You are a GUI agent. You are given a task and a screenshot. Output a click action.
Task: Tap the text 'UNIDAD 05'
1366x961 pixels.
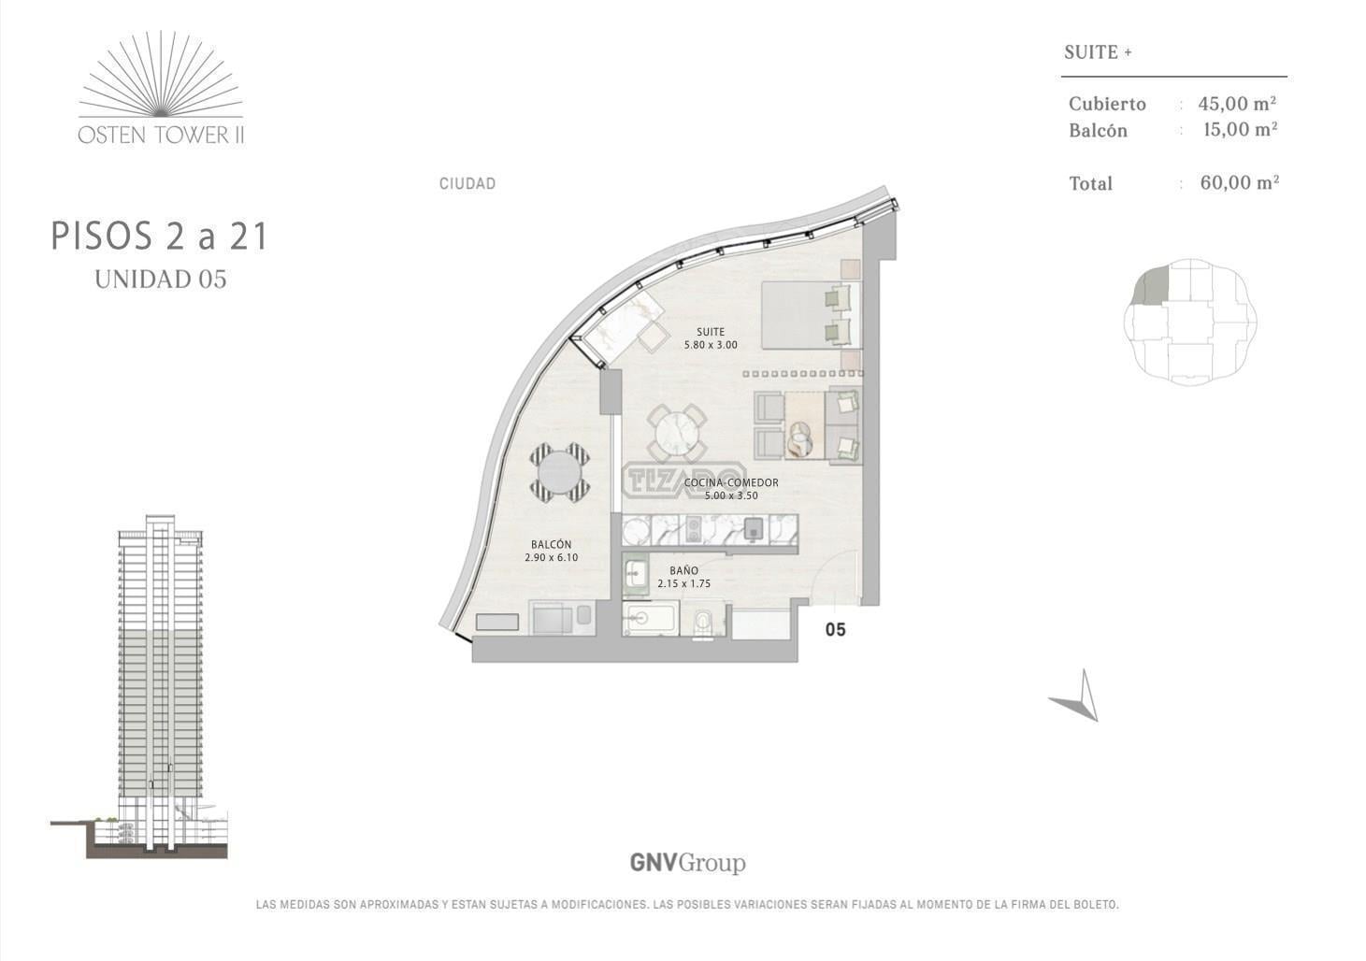tap(161, 280)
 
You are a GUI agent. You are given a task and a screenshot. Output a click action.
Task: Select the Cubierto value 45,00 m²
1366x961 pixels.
tap(1237, 103)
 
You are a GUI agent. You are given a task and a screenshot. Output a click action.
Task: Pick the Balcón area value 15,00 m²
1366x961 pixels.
tap(1241, 129)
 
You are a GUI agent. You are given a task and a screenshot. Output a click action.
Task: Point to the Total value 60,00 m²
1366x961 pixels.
tap(1239, 182)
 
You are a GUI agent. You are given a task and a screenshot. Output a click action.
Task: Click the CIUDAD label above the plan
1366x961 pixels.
tap(467, 183)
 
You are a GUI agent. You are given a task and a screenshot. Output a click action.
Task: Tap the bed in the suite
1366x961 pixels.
tap(811, 315)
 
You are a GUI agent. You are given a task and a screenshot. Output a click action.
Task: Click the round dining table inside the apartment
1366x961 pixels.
tap(677, 434)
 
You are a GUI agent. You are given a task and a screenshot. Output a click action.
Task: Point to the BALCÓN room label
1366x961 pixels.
tap(552, 544)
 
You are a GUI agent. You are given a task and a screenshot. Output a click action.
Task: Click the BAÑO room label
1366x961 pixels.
tap(683, 571)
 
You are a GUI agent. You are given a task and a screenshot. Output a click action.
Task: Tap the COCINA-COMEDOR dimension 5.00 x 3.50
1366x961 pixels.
tap(731, 495)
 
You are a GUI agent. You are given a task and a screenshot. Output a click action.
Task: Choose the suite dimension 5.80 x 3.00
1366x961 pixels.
tap(711, 345)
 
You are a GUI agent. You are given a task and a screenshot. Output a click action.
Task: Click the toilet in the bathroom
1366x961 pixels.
tap(704, 622)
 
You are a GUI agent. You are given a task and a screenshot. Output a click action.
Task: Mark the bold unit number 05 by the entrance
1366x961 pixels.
tap(836, 630)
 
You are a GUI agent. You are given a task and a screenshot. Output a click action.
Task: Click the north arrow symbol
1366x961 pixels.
tap(1077, 696)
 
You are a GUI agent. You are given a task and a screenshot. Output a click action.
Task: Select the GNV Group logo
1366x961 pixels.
tap(687, 864)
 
